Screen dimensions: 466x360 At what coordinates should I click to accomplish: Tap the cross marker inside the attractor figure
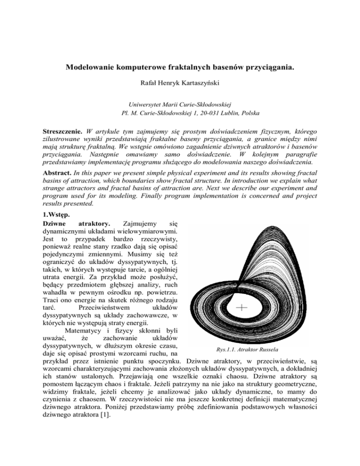pos(242,308)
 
